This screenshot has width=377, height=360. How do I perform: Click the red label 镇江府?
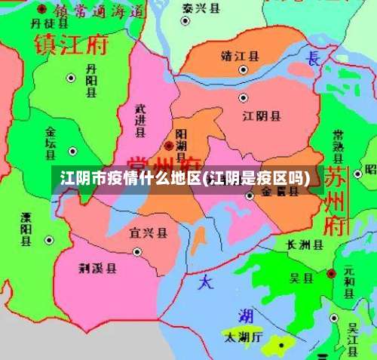72,45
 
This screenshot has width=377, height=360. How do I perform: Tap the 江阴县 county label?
262,116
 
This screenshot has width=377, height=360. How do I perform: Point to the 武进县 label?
139,121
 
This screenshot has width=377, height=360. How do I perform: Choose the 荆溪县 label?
98,267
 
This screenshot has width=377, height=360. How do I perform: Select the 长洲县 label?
305,245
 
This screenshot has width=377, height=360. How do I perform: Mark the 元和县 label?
348,280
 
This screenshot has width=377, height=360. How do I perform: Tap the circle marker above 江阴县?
243,97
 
